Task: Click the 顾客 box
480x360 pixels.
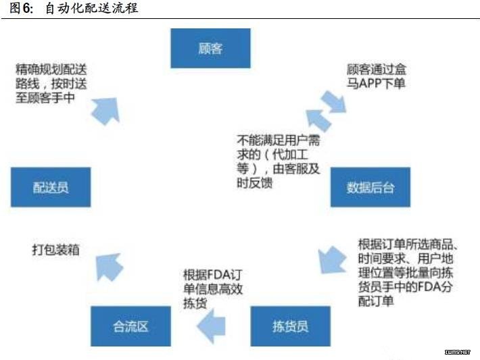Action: (210, 49)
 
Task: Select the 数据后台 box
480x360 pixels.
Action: (370, 187)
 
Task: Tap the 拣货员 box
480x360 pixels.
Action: (291, 326)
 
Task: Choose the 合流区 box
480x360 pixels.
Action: (130, 326)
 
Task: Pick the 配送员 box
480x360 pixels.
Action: (51, 187)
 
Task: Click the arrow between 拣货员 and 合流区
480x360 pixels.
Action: (211, 326)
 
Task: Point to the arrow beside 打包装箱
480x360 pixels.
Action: (108, 267)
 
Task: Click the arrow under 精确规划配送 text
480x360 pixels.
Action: (105, 111)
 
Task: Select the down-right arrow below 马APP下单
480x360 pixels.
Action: (334, 102)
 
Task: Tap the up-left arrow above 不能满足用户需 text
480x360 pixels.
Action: (318, 120)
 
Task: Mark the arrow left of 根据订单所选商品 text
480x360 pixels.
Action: (332, 260)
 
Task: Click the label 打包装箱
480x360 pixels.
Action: (56, 250)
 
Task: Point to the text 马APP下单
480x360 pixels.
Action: (376, 84)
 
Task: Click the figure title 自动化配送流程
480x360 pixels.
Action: (91, 8)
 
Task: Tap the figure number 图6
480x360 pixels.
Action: (21, 8)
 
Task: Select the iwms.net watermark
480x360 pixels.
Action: (457, 352)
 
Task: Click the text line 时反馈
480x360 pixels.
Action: (255, 183)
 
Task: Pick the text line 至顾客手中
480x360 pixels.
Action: (45, 98)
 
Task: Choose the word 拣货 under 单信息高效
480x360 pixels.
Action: (195, 303)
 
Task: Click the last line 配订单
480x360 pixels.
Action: (376, 301)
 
